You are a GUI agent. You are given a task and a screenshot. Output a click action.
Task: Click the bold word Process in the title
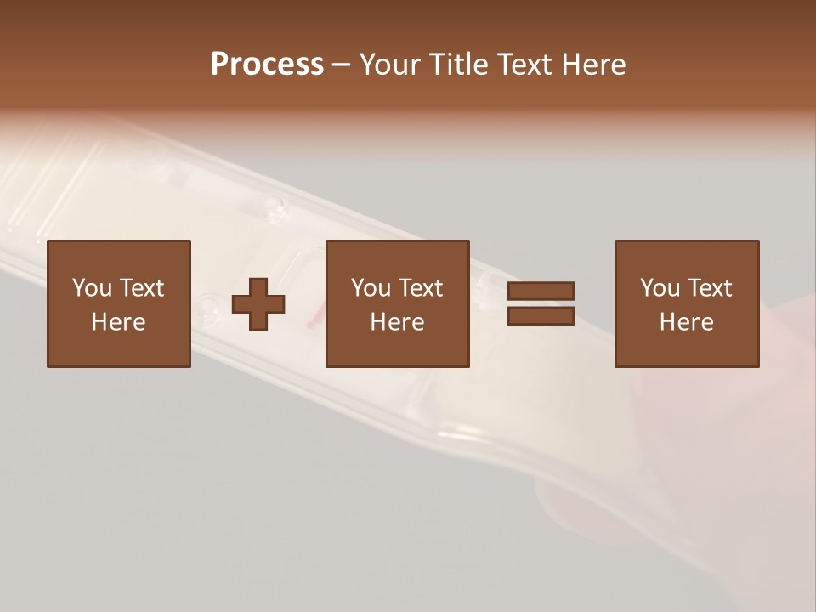pyautogui.click(x=267, y=65)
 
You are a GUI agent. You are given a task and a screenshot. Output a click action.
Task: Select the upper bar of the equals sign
pyautogui.click(x=541, y=291)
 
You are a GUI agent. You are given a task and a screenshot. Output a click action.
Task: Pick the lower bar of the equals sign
pyautogui.click(x=541, y=316)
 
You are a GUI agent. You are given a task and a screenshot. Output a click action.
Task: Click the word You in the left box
pyautogui.click(x=92, y=288)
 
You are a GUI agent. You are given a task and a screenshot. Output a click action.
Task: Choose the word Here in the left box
pyautogui.click(x=118, y=322)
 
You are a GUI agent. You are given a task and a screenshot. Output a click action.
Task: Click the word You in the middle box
pyautogui.click(x=371, y=288)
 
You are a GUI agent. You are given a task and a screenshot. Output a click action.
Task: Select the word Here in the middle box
pyautogui.click(x=397, y=322)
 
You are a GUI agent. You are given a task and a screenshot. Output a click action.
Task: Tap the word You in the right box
pyautogui.click(x=660, y=288)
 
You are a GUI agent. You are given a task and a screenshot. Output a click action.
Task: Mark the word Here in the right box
pyautogui.click(x=686, y=322)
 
